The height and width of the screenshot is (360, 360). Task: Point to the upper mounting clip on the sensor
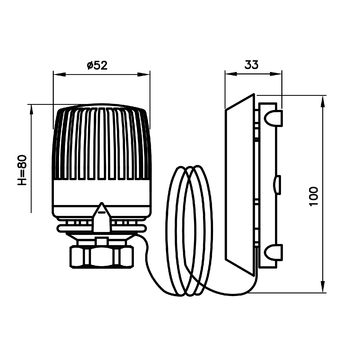(271, 120)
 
